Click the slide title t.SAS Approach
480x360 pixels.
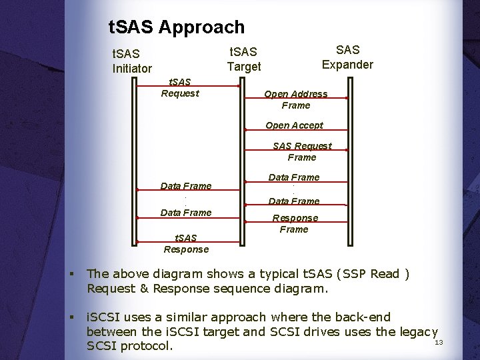click(x=177, y=27)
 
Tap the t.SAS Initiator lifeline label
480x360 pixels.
click(x=132, y=60)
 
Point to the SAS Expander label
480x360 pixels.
click(x=347, y=57)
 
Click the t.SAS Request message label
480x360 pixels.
click(x=180, y=87)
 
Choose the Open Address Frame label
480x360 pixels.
click(x=296, y=99)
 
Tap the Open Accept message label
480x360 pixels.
click(x=294, y=125)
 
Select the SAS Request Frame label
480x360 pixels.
click(x=302, y=151)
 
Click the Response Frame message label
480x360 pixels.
click(x=294, y=223)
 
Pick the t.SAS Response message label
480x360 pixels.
click(x=186, y=243)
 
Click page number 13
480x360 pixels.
click(x=439, y=343)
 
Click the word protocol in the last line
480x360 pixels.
click(x=145, y=347)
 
